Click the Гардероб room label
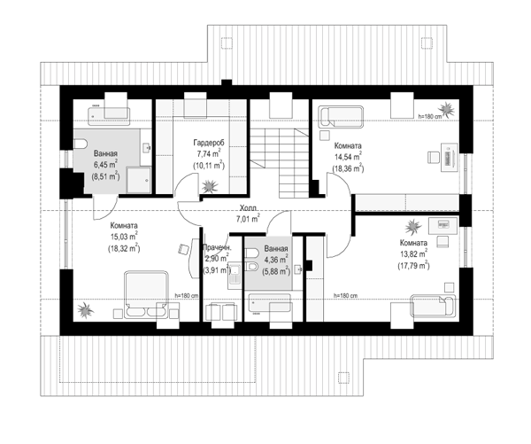[209, 142]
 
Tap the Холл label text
[248, 207]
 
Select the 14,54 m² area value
[348, 157]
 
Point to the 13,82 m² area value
[413, 254]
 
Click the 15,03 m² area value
[124, 237]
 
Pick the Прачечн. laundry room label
[217, 247]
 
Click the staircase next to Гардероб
[280, 163]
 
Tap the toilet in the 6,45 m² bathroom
[80, 144]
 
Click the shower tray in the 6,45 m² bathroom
[138, 180]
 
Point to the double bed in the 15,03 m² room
[146, 293]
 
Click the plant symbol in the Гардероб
[209, 186]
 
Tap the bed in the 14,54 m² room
[341, 117]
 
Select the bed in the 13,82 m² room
[433, 305]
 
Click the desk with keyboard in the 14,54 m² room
[449, 157]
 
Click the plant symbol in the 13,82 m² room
[412, 226]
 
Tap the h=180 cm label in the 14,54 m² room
[430, 116]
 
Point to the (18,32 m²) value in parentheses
[124, 248]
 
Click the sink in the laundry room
[234, 275]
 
